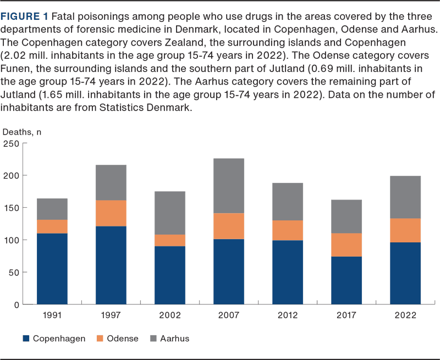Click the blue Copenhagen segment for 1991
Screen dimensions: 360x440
click(52, 269)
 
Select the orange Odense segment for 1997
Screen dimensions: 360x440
click(111, 213)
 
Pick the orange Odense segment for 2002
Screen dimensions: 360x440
click(170, 240)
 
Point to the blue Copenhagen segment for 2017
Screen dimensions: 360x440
click(347, 280)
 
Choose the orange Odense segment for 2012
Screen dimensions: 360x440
click(288, 230)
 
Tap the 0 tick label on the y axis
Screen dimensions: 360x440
click(16, 304)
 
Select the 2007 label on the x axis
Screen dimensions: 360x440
click(229, 315)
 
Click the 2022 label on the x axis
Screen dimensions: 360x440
click(406, 315)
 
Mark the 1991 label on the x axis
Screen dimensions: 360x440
click(52, 315)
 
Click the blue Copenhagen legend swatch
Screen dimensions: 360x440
click(26, 339)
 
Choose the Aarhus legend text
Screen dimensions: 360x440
click(174, 339)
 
